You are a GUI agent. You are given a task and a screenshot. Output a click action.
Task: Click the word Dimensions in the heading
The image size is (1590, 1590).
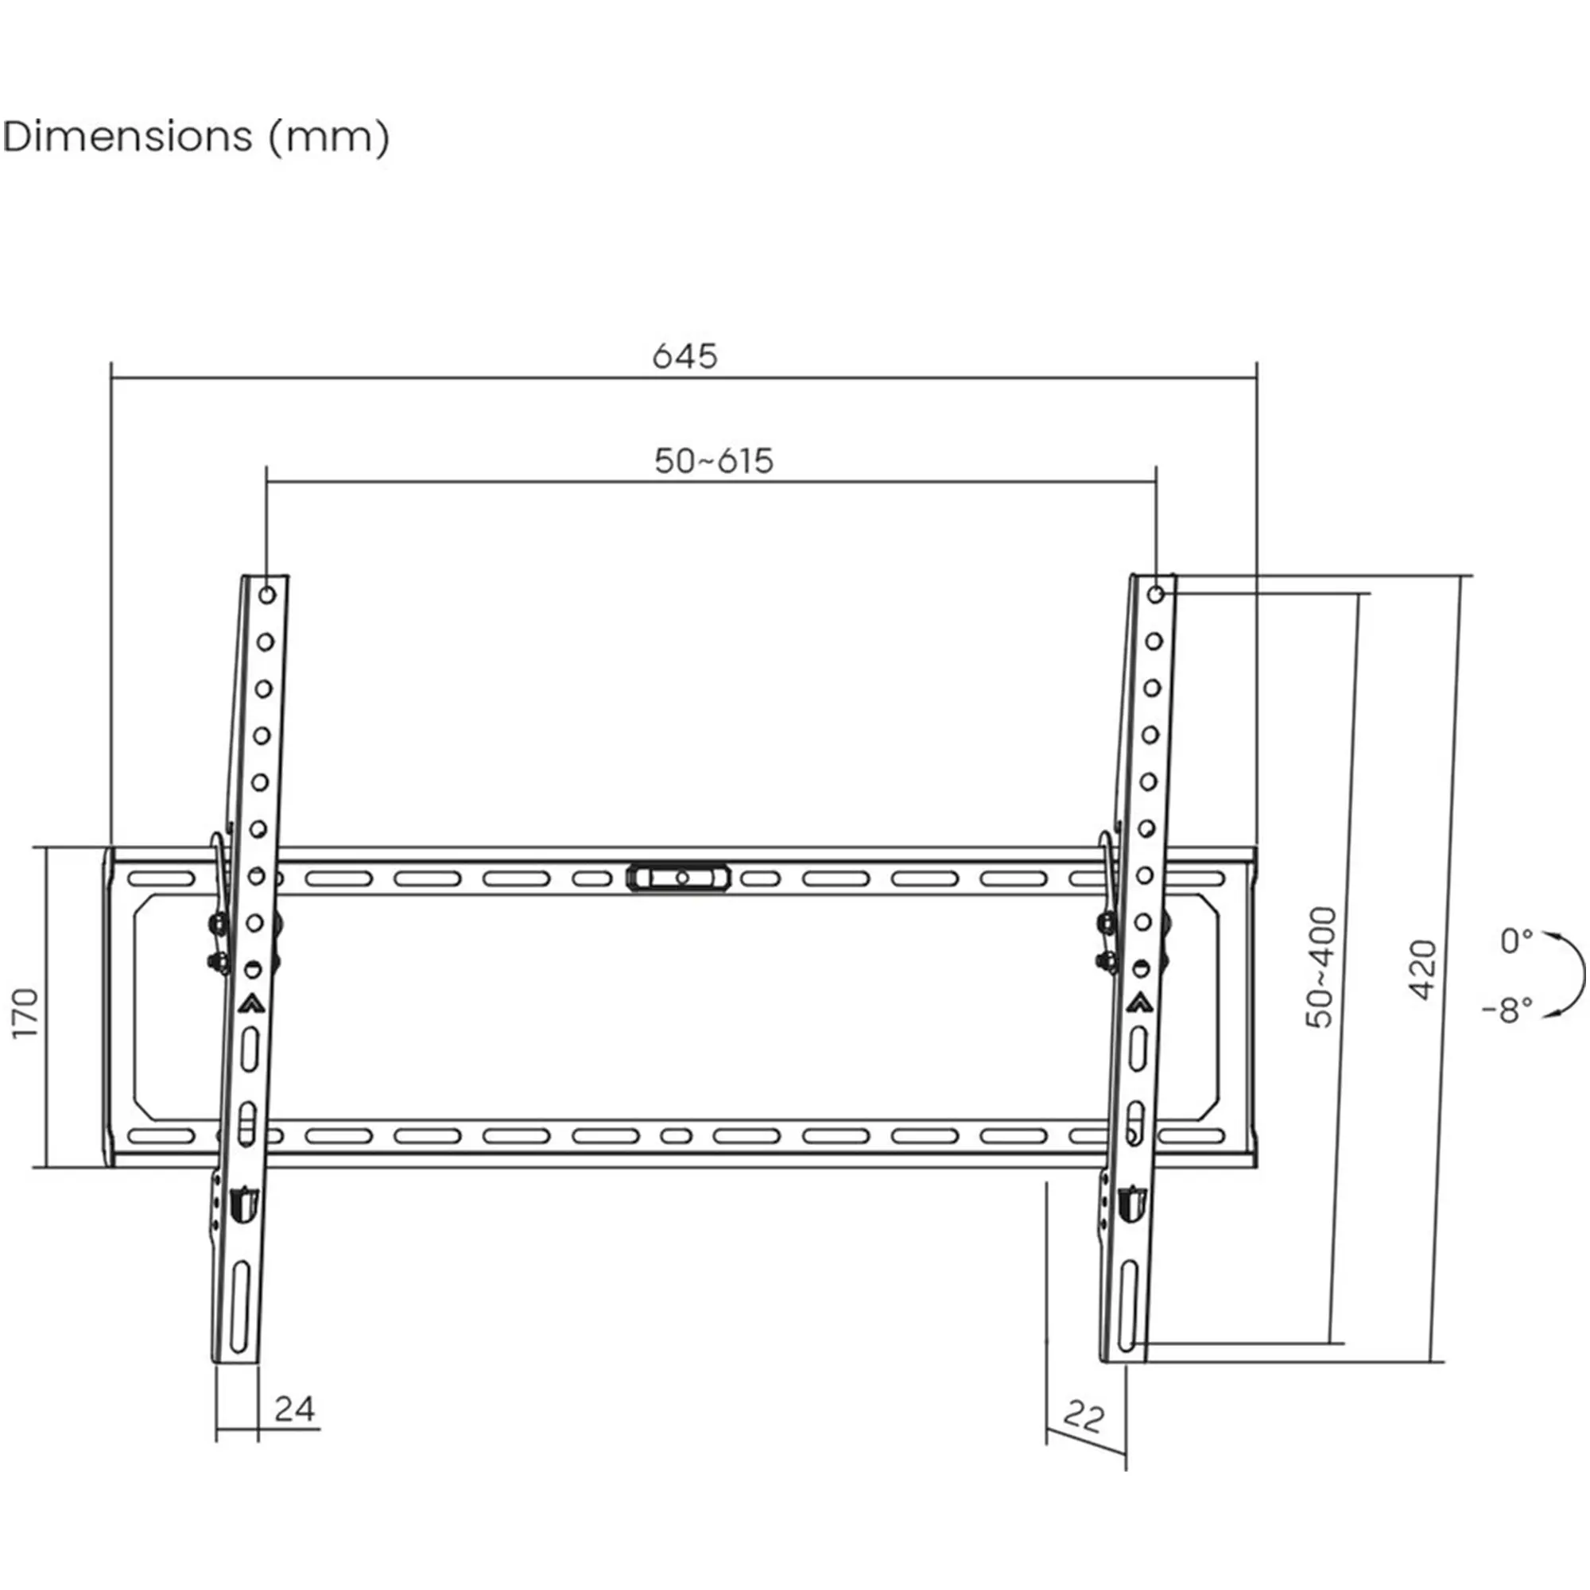click(x=127, y=137)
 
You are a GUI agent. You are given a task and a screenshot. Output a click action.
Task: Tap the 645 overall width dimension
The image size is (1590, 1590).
click(x=684, y=356)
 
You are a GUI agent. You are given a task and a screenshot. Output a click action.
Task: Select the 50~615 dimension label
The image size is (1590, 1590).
click(x=714, y=461)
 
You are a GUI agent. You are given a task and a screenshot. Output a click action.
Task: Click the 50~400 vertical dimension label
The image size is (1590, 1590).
click(x=1320, y=967)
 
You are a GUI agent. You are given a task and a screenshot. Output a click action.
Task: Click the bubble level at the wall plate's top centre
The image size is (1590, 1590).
click(x=679, y=878)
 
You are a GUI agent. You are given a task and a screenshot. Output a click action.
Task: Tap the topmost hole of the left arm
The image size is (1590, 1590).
click(x=267, y=594)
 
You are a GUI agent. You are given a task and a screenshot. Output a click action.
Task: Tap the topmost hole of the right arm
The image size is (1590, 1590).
click(x=1155, y=594)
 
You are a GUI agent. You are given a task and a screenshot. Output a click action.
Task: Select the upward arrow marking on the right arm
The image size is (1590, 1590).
click(x=1140, y=1002)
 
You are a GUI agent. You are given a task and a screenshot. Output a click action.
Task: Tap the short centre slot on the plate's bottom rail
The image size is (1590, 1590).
click(x=676, y=1136)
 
